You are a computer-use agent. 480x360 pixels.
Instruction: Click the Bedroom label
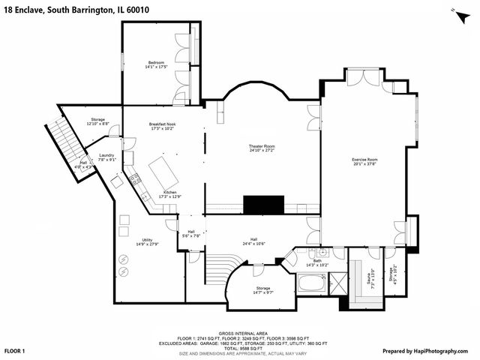pyautogui.click(x=156, y=62)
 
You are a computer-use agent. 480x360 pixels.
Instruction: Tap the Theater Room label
pyautogui.click(x=262, y=145)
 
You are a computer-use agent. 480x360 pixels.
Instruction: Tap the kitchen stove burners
pyautogui.click(x=136, y=178)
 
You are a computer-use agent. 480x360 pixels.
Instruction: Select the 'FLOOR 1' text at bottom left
pyautogui.click(x=15, y=351)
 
